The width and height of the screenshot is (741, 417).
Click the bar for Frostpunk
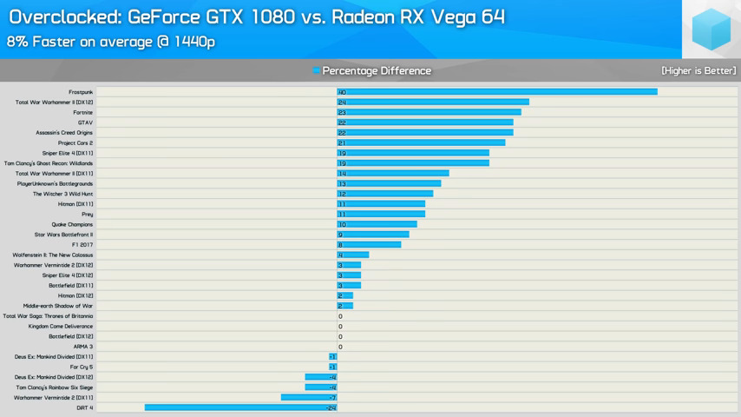coord(497,92)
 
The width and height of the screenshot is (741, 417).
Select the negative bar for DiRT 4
coord(240,407)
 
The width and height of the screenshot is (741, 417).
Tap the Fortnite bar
coord(430,112)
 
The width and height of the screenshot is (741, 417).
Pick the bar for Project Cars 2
coord(421,142)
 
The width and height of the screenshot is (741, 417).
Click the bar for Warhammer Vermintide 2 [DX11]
coord(309,398)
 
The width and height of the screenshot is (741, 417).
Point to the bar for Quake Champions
coord(377,224)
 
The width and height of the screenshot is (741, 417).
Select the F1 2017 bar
coord(370,245)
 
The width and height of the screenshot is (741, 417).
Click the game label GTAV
coord(85,122)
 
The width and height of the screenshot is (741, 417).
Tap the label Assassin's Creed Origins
coord(64,133)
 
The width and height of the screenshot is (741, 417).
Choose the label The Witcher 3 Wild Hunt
coord(62,194)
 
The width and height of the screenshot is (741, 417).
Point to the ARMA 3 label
coord(83,347)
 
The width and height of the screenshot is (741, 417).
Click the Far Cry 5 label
coord(82,367)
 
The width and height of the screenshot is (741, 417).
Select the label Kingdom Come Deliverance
coord(61,327)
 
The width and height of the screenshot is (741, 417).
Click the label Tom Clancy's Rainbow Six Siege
coord(54,387)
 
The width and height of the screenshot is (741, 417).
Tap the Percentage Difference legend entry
coord(376,71)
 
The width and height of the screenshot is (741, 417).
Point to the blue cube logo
coord(711,30)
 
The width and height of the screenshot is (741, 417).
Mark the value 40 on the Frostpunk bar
coord(342,92)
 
